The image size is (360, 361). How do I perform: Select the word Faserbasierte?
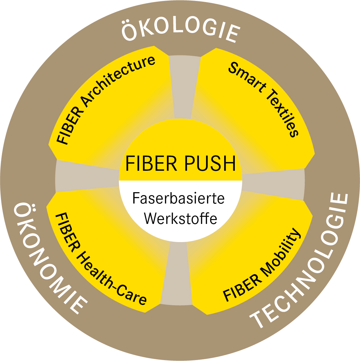(178, 198)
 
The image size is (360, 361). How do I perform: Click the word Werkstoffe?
(180, 218)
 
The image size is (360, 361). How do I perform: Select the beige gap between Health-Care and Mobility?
(176, 275)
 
